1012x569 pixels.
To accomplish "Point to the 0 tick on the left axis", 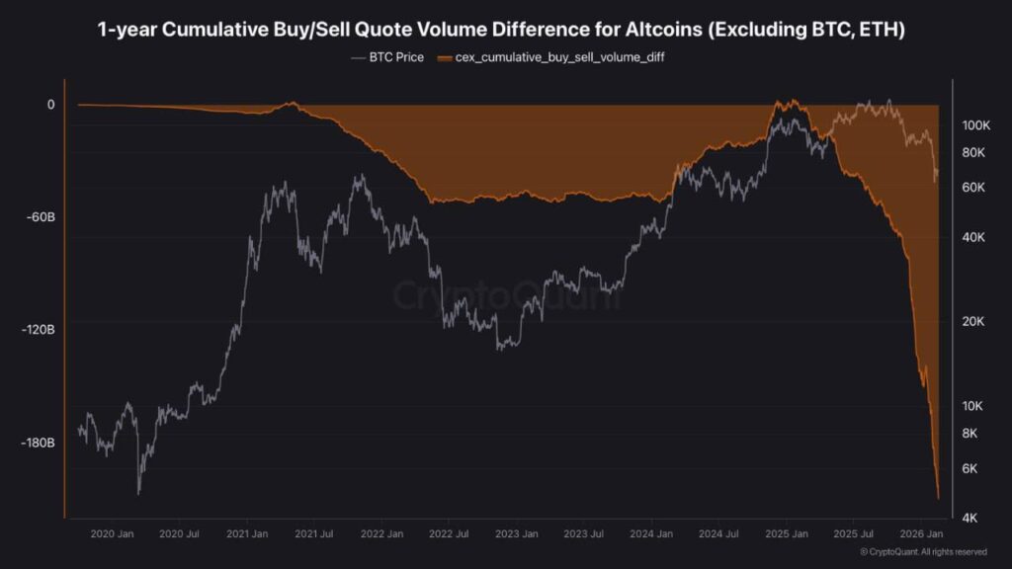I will [50, 104].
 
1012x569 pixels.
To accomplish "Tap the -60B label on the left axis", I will [39, 216].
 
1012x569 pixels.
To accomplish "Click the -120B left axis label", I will [38, 329].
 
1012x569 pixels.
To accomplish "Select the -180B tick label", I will [38, 442].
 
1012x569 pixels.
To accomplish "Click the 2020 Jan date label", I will [112, 534].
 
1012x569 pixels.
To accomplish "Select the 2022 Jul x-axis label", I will [448, 534].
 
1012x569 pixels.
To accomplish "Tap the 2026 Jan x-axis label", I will [920, 534].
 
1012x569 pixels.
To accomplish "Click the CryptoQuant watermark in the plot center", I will [506, 295].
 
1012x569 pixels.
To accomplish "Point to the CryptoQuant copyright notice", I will [923, 552].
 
